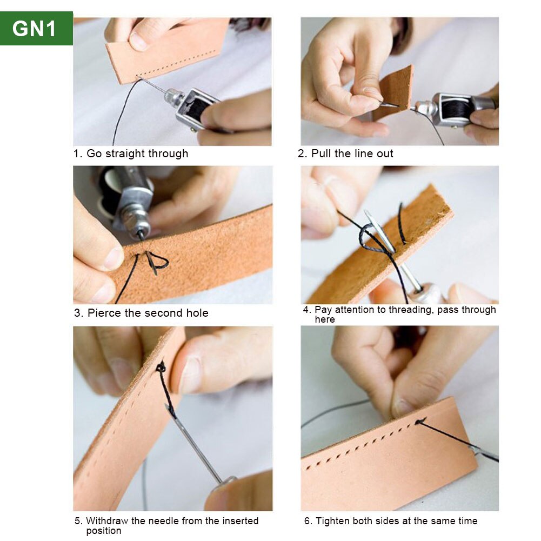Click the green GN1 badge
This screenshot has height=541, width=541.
click(36, 28)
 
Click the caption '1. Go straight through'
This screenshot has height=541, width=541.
click(131, 153)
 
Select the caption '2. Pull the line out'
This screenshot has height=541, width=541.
click(346, 153)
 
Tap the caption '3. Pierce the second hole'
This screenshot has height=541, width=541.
click(141, 313)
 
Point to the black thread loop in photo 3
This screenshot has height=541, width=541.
click(158, 263)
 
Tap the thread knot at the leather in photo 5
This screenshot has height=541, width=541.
click(161, 368)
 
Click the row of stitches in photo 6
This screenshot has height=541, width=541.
click(368, 443)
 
